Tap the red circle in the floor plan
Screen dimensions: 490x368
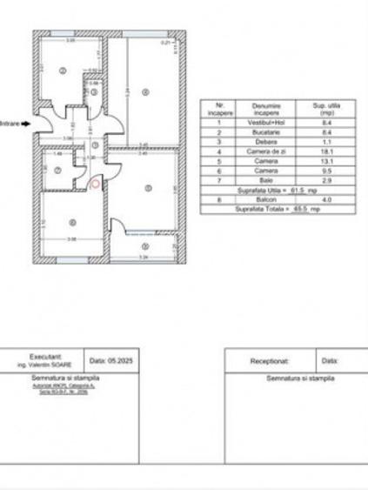94,182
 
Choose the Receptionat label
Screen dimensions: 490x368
269,359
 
